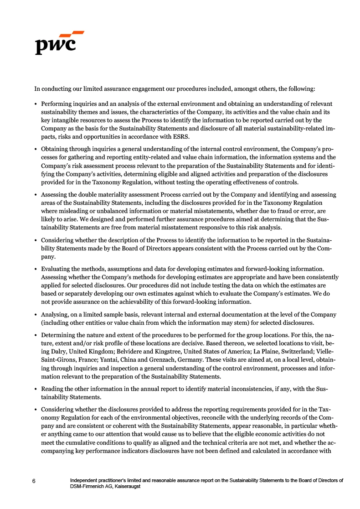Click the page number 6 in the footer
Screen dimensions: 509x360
(34, 481)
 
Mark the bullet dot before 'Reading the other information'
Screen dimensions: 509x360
(36, 389)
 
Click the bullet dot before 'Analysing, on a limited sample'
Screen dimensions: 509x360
(36, 315)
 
